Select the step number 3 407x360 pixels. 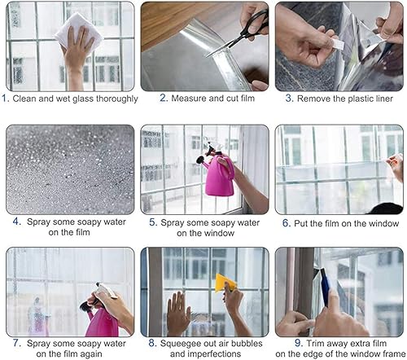click(286, 99)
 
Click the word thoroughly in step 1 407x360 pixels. click(114, 99)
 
